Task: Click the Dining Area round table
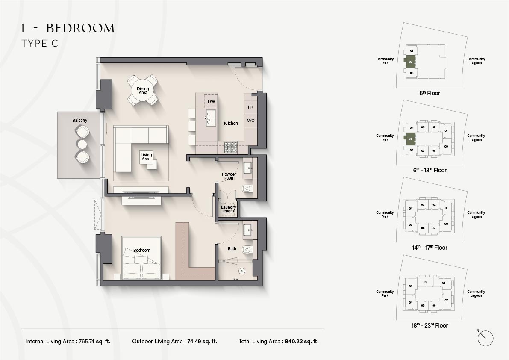pos(143,90)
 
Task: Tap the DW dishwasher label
pos(211,102)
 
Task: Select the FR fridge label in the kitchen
pos(250,107)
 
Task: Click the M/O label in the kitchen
pos(250,121)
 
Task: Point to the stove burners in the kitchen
pos(231,148)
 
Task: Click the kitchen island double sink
pos(211,118)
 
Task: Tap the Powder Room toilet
pos(247,189)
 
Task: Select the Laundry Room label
pos(229,209)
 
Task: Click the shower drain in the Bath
pos(242,270)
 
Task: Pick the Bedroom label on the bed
pos(142,250)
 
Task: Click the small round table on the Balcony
pos(82,144)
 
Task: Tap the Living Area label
pos(146,157)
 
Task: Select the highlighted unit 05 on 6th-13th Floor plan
pos(410,139)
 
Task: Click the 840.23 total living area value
pos(294,342)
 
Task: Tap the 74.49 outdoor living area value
pos(194,342)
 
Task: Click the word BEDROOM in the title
pos(80,29)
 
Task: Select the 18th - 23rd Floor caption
pos(430,325)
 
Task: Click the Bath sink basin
pos(248,230)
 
